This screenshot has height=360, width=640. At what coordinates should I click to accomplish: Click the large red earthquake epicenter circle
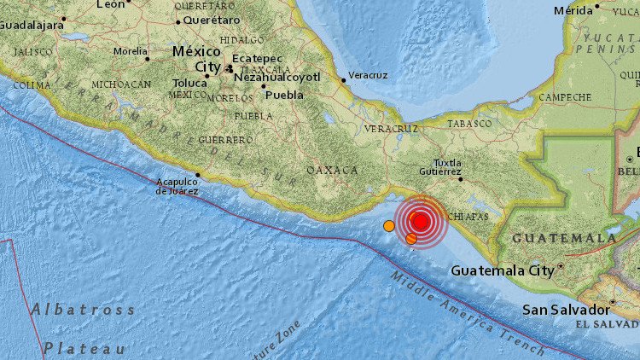(420, 222)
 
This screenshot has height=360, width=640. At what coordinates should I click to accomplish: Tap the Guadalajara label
(32, 25)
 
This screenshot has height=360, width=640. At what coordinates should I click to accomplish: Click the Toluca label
(189, 83)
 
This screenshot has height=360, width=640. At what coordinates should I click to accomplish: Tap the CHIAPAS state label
(467, 217)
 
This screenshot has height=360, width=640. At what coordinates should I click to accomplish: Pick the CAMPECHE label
(564, 97)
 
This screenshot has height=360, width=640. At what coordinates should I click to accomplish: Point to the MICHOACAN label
(121, 84)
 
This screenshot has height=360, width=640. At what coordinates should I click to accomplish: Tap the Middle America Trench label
(469, 313)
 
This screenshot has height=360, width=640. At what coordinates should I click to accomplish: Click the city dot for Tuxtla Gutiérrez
(460, 179)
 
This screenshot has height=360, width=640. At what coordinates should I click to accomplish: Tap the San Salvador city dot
(611, 303)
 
